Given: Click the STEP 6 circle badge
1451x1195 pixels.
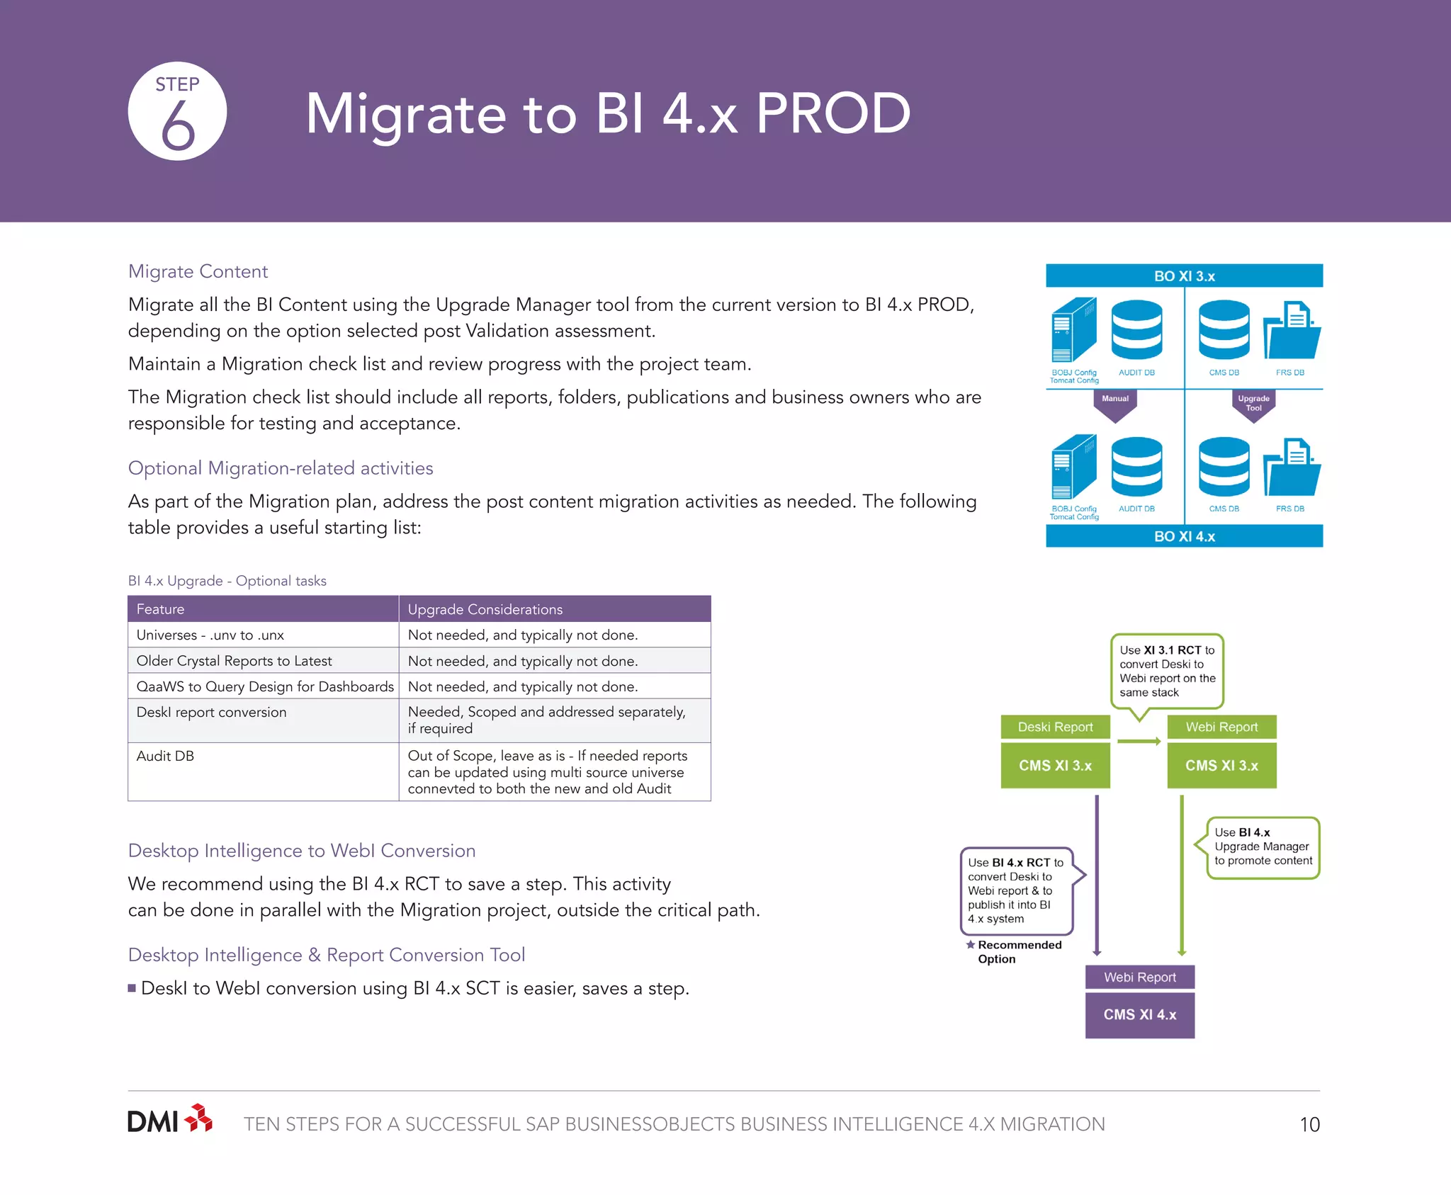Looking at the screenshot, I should pyautogui.click(x=177, y=111).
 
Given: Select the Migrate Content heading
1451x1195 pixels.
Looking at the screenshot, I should pyautogui.click(x=198, y=271).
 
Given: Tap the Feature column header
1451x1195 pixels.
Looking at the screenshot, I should pyautogui.click(x=160, y=609).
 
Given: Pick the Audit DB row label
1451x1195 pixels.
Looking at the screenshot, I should pyautogui.click(x=165, y=756).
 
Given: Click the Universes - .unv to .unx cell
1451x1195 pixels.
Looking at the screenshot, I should pyautogui.click(x=210, y=635).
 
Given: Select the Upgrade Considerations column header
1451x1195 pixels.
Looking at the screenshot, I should pyautogui.click(x=485, y=609).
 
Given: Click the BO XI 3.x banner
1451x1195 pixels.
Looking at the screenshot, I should pyautogui.click(x=1184, y=276).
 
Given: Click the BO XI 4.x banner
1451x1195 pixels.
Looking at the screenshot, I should pyautogui.click(x=1184, y=536).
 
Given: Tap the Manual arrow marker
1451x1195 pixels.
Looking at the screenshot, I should pyautogui.click(x=1114, y=404).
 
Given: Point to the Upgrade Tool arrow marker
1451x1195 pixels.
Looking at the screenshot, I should pyautogui.click(x=1253, y=405).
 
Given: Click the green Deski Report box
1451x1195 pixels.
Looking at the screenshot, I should pyautogui.click(x=1055, y=727).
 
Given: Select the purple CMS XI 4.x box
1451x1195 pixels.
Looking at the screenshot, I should pyautogui.click(x=1139, y=1014).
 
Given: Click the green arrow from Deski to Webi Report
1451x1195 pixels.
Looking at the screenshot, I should pyautogui.click(x=1139, y=741).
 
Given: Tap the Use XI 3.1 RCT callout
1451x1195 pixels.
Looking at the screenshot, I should pyautogui.click(x=1167, y=671).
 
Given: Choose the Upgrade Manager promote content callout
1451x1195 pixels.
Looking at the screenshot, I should pyautogui.click(x=1263, y=847).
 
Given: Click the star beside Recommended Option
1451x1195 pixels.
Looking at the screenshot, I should pyautogui.click(x=970, y=944).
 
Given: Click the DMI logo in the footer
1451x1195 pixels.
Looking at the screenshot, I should pyautogui.click(x=169, y=1121).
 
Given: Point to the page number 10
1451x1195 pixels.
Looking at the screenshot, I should pyautogui.click(x=1309, y=1125).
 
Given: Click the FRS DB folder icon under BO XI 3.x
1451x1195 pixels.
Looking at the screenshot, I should pyautogui.click(x=1291, y=332).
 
